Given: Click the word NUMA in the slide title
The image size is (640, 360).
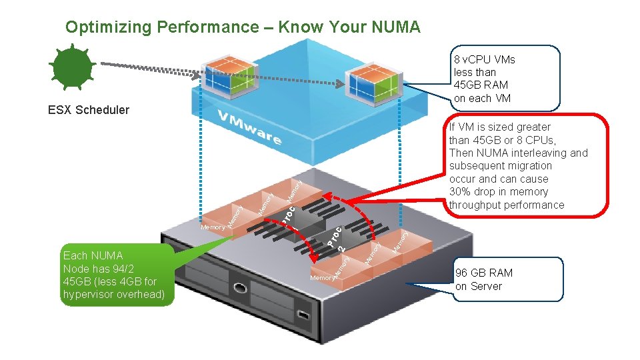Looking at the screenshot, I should pos(396,27).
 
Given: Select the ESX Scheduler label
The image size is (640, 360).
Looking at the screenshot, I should pos(89,109).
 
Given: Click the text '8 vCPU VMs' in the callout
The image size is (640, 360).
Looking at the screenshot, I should pos(484,59).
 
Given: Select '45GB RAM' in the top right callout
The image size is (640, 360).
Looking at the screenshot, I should pos(480,85).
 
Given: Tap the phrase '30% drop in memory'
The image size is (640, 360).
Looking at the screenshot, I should pos(498,192).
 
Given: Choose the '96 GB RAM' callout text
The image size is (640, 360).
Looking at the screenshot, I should pos(484,273).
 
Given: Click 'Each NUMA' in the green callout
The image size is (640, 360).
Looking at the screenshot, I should pos(93,255).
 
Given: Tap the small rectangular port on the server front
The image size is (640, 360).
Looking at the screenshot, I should pos(303,314).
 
